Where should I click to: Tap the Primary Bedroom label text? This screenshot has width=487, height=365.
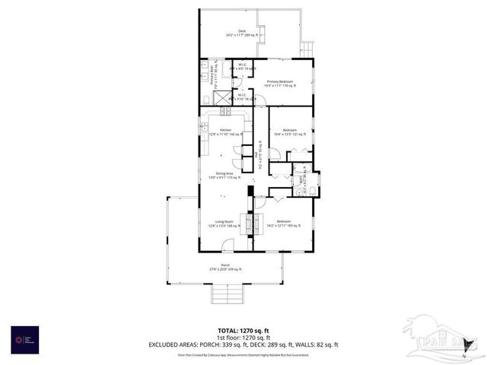click(x=280, y=83)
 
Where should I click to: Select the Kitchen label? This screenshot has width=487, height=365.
click(x=225, y=132)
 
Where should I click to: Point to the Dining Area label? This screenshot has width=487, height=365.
click(x=224, y=175)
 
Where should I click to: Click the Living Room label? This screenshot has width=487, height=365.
click(x=224, y=223)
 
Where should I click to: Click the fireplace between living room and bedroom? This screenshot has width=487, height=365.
click(x=247, y=222)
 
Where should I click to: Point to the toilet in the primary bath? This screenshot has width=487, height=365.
click(x=205, y=100)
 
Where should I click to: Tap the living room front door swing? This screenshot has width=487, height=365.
click(x=228, y=246)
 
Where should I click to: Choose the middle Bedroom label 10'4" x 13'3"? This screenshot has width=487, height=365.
click(x=289, y=132)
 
